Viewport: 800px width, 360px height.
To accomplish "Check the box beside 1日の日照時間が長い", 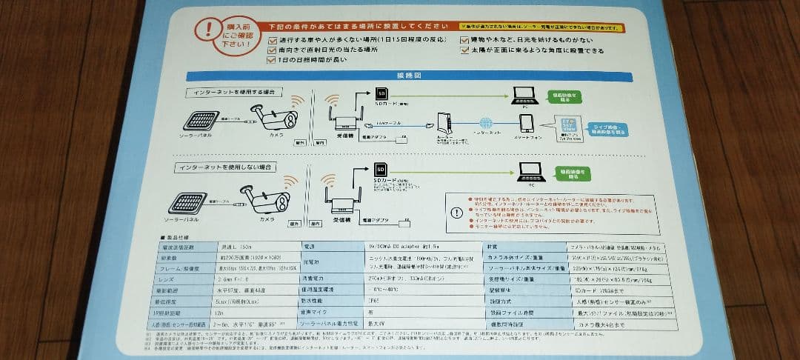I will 272,61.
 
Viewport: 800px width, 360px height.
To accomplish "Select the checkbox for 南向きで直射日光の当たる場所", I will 272,50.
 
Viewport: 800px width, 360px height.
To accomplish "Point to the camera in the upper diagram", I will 274,119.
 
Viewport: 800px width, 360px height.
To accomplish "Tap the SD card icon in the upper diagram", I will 382,94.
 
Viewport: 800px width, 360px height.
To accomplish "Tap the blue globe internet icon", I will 486,124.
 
